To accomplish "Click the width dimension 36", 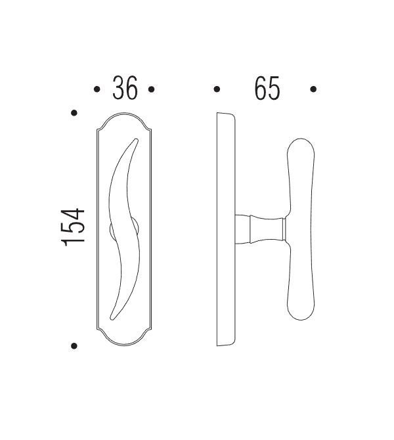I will (x=125, y=89).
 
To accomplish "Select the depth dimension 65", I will (x=267, y=89).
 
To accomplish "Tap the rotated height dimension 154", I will (x=74, y=227).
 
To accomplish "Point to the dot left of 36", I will (x=97, y=89).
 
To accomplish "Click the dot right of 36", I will (x=151, y=89).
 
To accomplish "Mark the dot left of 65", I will (x=217, y=89).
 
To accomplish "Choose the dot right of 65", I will (x=314, y=89).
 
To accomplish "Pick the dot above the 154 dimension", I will (x=74, y=113).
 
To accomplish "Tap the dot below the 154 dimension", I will (x=74, y=345).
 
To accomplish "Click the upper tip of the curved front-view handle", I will (x=136, y=139).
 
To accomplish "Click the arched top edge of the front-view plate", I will (x=125, y=115).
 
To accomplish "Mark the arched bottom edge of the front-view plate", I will (x=125, y=345).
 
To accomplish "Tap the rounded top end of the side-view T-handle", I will (x=300, y=142).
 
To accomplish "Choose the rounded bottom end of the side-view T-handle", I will (x=300, y=318).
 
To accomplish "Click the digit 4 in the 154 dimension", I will (x=74, y=215).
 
